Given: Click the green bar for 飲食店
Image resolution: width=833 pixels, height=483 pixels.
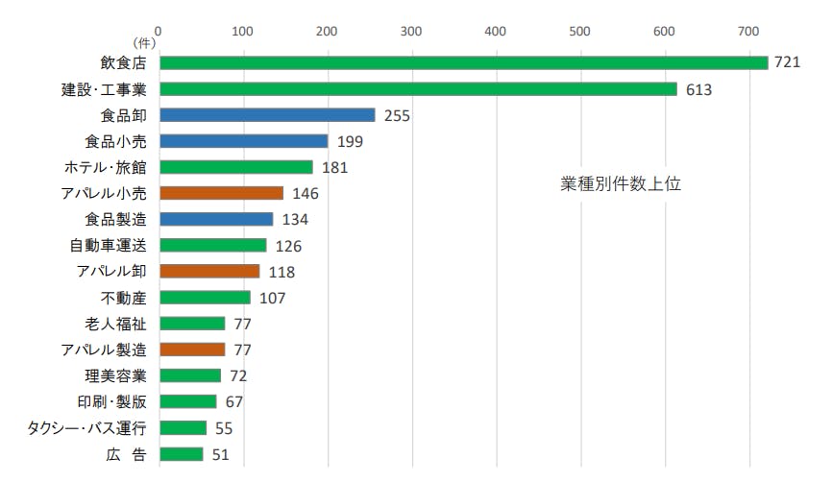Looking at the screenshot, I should (x=463, y=62).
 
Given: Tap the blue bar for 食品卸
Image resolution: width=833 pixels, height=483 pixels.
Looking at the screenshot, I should (x=267, y=115).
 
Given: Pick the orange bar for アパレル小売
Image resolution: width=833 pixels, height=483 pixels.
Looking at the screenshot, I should (x=221, y=193).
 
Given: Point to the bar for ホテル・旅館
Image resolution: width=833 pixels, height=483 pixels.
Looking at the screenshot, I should (x=236, y=167).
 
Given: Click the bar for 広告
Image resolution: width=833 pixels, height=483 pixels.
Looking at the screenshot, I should (x=181, y=454).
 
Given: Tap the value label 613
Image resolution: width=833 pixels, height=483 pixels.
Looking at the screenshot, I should (x=698, y=89).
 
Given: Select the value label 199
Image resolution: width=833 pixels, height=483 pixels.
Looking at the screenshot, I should (x=351, y=142).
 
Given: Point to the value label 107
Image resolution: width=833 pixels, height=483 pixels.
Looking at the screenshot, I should (x=273, y=298).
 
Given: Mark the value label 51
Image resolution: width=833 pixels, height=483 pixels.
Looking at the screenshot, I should (x=220, y=454).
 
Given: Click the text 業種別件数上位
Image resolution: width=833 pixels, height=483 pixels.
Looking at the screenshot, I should (x=621, y=183).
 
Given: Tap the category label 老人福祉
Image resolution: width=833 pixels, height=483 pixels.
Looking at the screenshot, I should (x=115, y=324).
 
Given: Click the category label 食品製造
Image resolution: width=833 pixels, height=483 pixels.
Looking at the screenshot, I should (x=115, y=219).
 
